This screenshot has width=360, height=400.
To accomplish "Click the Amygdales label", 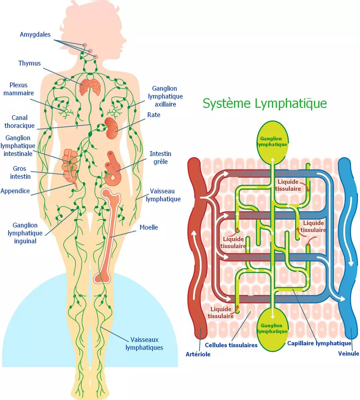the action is pyautogui.click(x=35, y=35).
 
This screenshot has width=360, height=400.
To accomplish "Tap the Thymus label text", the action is pyautogui.click(x=30, y=63).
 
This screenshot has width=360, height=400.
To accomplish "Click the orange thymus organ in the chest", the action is pyautogui.click(x=90, y=87).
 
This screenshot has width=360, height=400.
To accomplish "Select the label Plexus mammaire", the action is pyautogui.click(x=19, y=89).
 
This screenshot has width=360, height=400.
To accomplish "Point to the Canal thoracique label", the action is pyautogui.click(x=20, y=122).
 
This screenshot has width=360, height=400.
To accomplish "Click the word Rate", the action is pyautogui.click(x=154, y=115).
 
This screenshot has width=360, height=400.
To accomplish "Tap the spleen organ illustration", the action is pyautogui.click(x=111, y=128).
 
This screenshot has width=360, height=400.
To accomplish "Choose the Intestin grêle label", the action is pyautogui.click(x=161, y=158).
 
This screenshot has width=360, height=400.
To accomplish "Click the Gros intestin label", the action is pyautogui.click(x=20, y=172).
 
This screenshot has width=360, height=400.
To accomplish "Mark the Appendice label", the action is pyautogui.click(x=15, y=191).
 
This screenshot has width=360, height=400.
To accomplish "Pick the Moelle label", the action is pyautogui.click(x=149, y=227).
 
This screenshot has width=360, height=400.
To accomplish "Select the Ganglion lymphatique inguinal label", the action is pyautogui.click(x=25, y=233).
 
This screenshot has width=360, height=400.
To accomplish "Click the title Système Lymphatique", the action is pyautogui.click(x=265, y=103).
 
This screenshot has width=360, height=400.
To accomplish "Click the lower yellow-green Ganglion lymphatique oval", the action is pyautogui.click(x=272, y=329).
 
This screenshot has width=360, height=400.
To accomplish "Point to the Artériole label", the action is pyautogui.click(x=198, y=354).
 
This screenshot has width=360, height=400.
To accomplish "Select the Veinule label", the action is pyautogui.click(x=349, y=354).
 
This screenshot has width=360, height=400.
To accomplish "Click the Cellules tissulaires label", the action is pyautogui.click(x=231, y=345).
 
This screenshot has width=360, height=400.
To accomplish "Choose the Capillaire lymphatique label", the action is pyautogui.click(x=319, y=343).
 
